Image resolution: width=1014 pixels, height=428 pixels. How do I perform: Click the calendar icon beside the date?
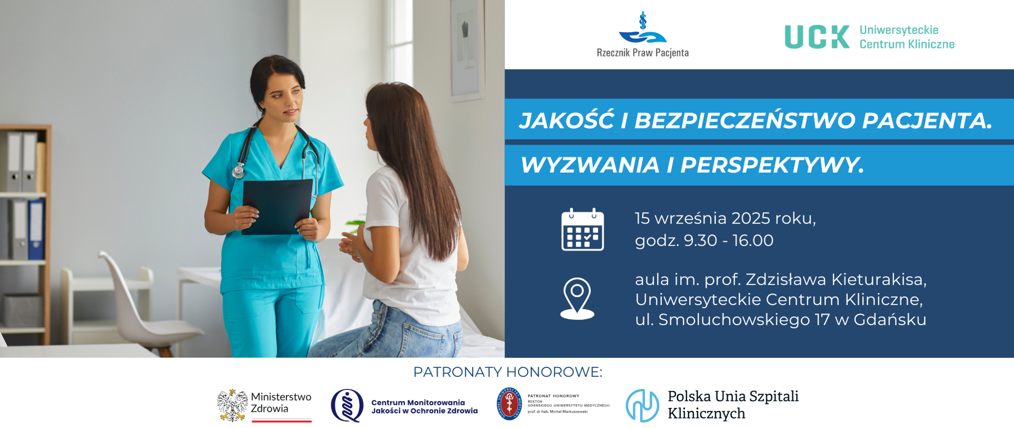[x=582, y=230]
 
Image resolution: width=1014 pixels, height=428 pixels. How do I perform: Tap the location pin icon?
[x=577, y=298]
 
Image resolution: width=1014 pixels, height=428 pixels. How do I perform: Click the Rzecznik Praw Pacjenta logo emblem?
[x=643, y=30]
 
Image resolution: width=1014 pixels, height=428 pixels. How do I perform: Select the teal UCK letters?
[x=816, y=37]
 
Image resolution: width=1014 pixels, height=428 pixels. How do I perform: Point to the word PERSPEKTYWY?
[x=771, y=165]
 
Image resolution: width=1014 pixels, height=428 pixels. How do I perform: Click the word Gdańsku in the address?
[x=890, y=320]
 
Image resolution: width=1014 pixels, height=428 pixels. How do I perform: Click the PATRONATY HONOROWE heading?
[x=508, y=372]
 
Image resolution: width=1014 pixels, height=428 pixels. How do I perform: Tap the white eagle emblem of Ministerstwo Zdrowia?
[x=232, y=405]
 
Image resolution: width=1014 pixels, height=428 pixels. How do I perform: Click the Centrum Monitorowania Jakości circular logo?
[x=347, y=405]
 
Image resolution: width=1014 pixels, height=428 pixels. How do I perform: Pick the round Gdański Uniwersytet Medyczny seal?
[x=509, y=404]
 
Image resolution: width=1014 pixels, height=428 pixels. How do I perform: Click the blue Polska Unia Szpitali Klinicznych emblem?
[x=642, y=405]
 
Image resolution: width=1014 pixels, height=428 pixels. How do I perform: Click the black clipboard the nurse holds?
[x=277, y=206]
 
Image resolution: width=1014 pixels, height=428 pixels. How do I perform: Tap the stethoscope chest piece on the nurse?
[x=239, y=171]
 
